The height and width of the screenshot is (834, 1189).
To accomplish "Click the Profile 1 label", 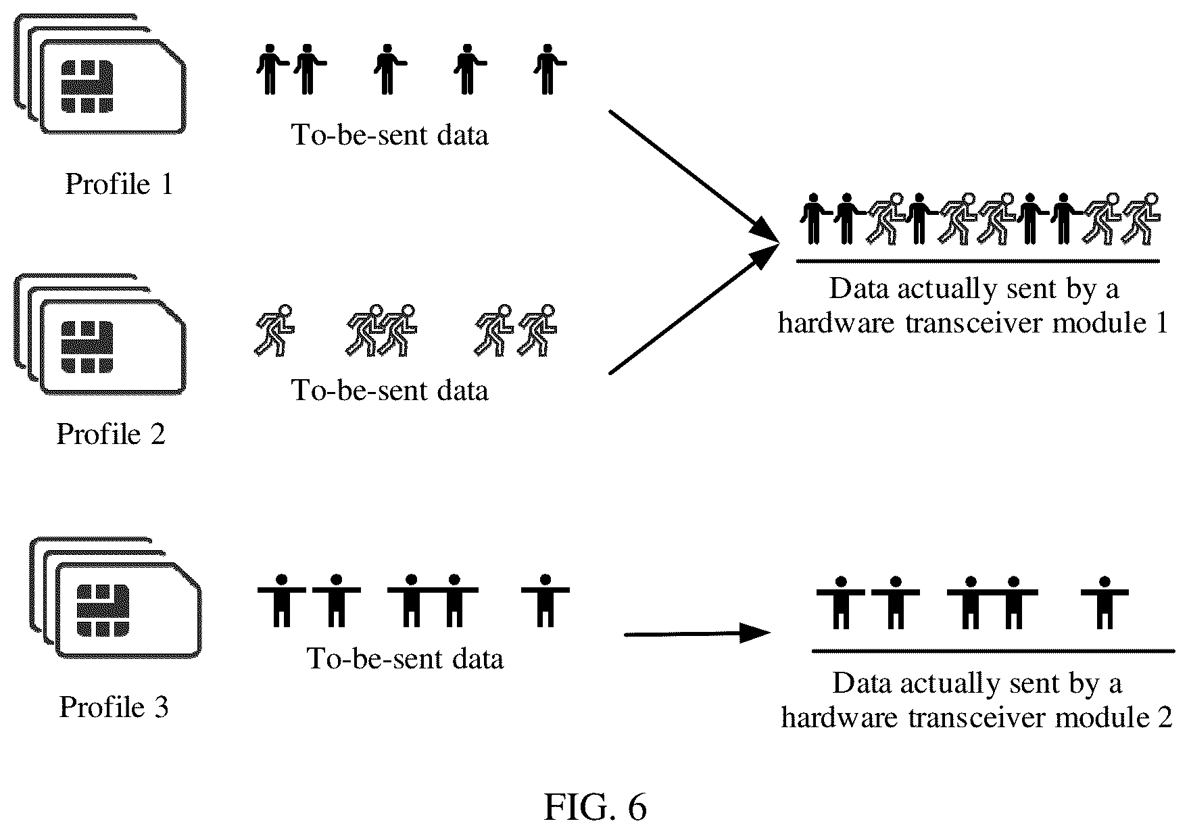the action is point(119,184).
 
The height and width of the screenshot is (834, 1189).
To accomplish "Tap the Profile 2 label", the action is point(111,433).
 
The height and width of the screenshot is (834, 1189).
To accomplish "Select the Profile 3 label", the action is point(114,706).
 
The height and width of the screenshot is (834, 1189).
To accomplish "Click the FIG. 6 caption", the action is point(595,806).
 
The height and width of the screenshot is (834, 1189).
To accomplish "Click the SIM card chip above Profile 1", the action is point(87,87).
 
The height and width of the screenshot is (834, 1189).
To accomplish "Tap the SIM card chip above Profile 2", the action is point(87,347).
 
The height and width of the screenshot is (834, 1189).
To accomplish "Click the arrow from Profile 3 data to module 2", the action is point(697,634).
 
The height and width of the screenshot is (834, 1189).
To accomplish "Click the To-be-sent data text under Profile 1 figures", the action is point(389,134).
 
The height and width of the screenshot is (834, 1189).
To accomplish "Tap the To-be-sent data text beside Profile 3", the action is point(405,658).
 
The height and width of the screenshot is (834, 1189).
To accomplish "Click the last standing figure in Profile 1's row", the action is point(549,69).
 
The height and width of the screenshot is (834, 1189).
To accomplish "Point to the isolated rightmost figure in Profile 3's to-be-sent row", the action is point(545,601).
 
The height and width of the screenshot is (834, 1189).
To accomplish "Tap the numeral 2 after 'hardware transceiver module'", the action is point(1164,717).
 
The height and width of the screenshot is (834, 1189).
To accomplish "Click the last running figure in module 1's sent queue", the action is point(1140,218).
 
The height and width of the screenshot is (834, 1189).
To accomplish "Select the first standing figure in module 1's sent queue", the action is point(815,218).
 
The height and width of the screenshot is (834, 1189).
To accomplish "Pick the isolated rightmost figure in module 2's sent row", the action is point(1105,602).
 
